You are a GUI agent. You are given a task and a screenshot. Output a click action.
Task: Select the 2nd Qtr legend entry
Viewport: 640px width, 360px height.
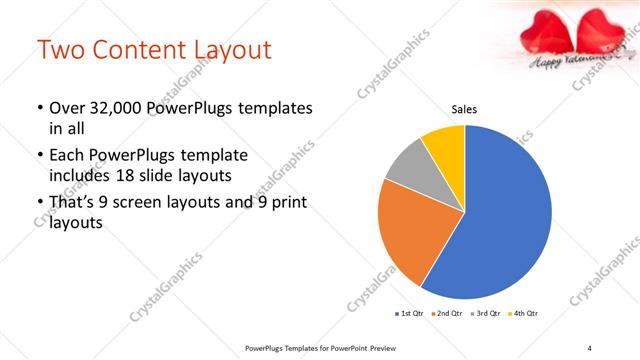tap(446, 314)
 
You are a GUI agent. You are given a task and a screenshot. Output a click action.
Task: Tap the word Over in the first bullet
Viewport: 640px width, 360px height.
tap(67, 108)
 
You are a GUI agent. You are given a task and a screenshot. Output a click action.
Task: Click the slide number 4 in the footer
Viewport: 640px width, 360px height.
tap(589, 348)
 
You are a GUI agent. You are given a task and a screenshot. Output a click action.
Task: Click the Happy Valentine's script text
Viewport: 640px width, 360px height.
tap(571, 63)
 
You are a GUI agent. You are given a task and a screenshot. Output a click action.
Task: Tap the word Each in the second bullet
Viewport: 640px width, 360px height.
tap(67, 156)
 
